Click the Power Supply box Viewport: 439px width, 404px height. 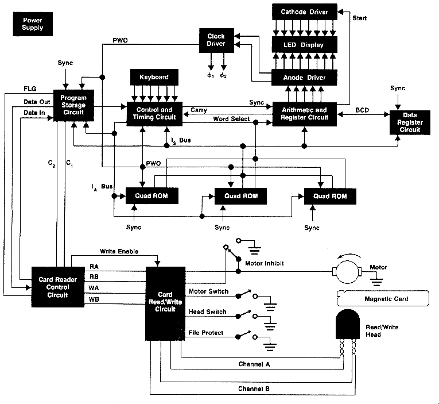[x=32, y=24]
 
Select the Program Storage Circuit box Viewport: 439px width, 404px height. [x=73, y=105]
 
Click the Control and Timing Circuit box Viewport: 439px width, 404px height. [x=154, y=113]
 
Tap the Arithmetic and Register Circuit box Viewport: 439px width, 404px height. [x=305, y=113]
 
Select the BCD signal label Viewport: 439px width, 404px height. [x=362, y=109]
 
